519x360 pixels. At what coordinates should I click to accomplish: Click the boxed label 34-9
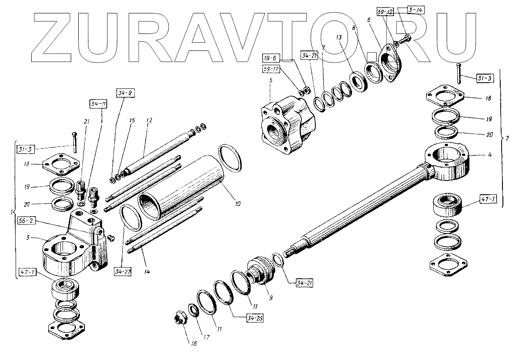tap(126, 93)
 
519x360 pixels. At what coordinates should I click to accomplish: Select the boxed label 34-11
tap(95, 104)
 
